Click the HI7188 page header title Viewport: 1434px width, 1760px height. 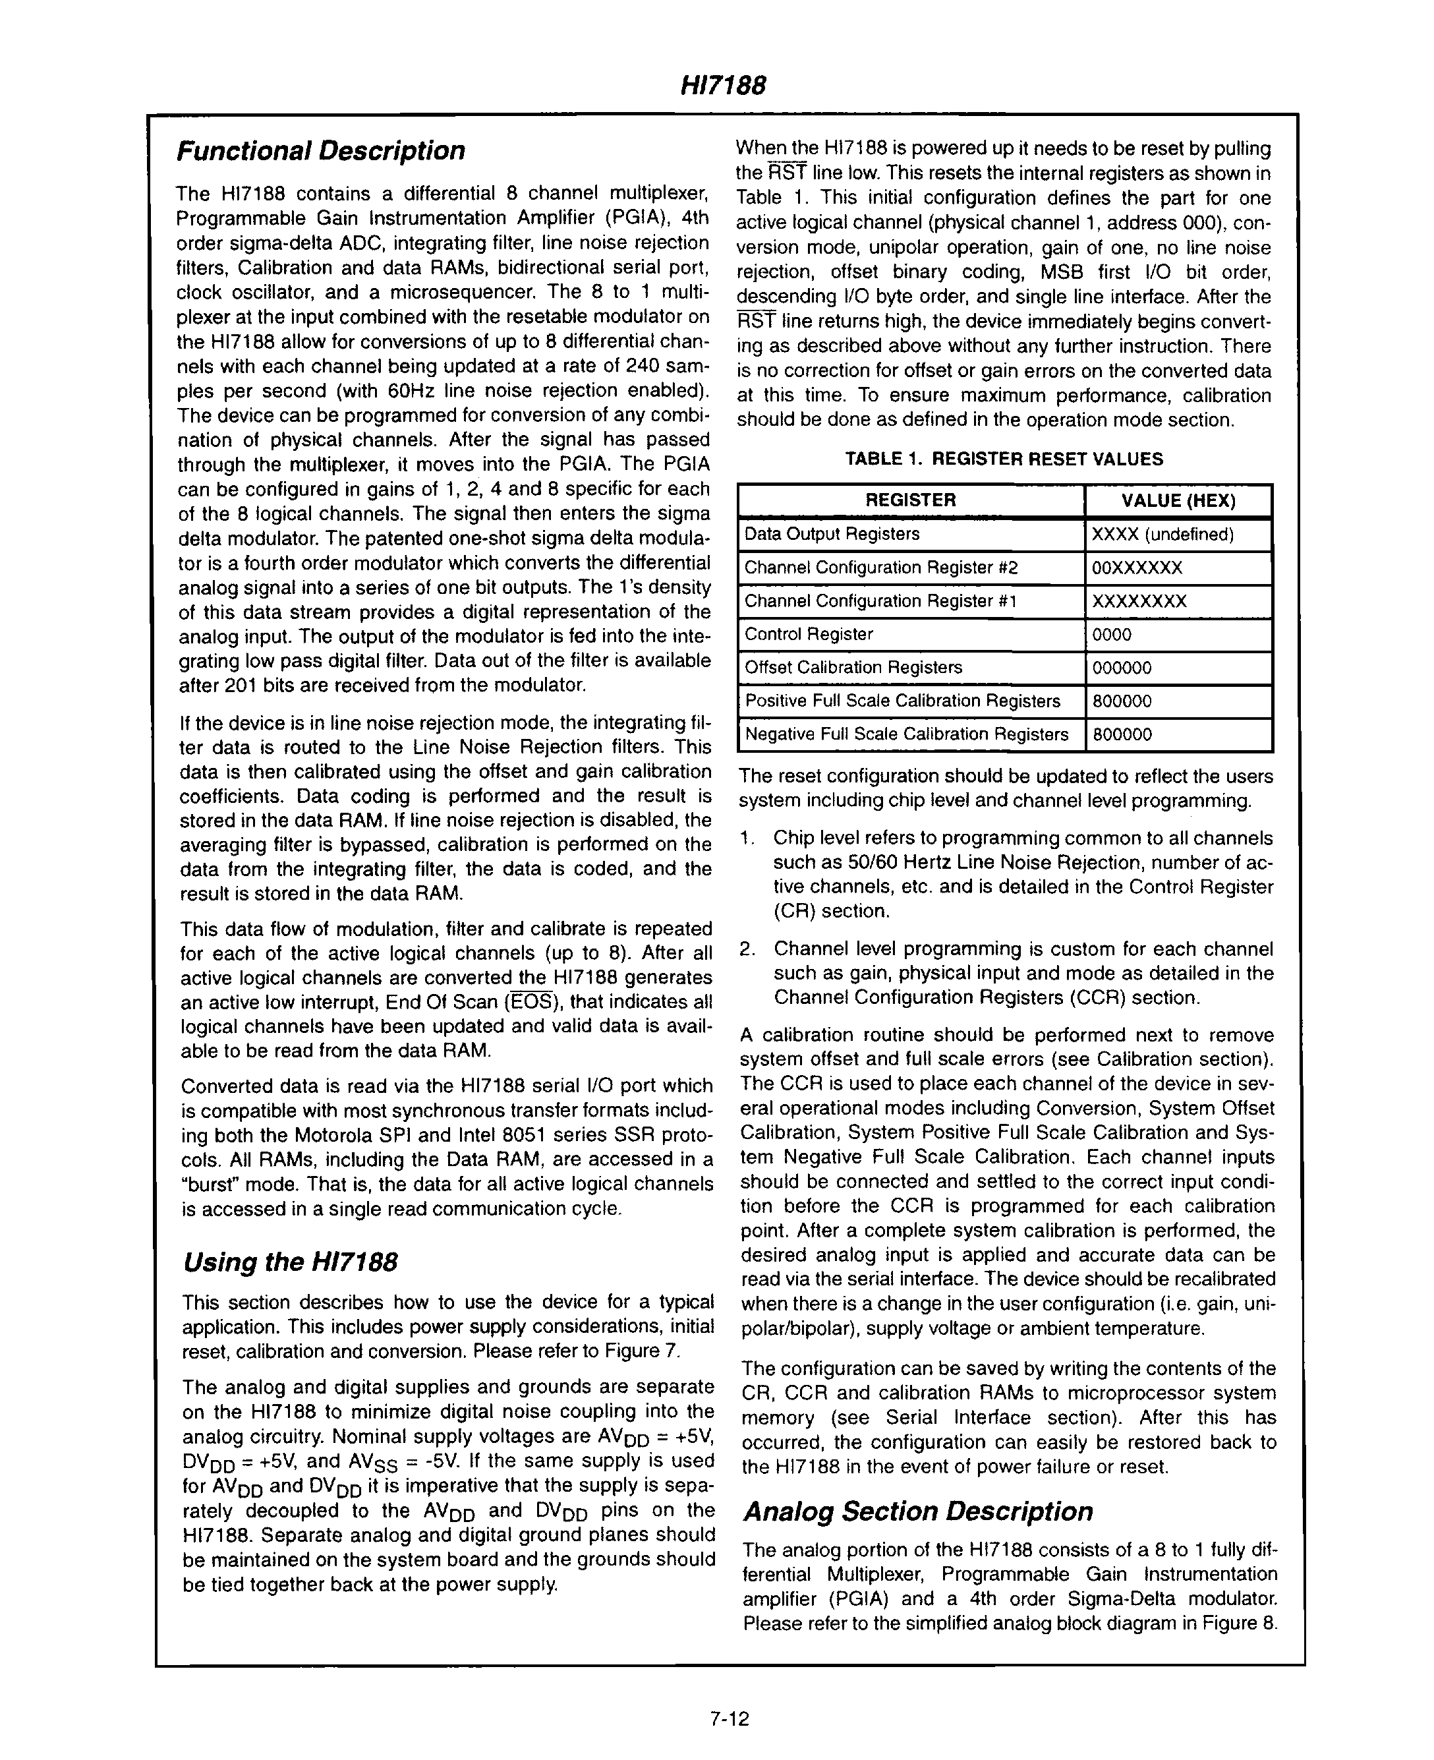coord(723,85)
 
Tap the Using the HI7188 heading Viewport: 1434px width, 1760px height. coord(290,1262)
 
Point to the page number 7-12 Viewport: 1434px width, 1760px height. coord(729,1720)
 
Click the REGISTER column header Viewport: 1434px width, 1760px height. coord(910,500)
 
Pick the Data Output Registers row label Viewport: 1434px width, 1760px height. coord(832,534)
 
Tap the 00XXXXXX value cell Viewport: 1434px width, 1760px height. coord(1137,568)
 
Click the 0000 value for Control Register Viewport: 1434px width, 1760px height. coord(1111,635)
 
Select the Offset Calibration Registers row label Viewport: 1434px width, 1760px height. coord(853,667)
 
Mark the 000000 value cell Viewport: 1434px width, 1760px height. coord(1121,668)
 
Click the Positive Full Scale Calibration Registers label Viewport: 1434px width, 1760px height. coord(902,701)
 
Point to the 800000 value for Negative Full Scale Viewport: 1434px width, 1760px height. coord(1121,734)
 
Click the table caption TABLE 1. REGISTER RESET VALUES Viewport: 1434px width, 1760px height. coord(1004,459)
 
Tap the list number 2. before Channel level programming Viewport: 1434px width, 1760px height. coord(747,949)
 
